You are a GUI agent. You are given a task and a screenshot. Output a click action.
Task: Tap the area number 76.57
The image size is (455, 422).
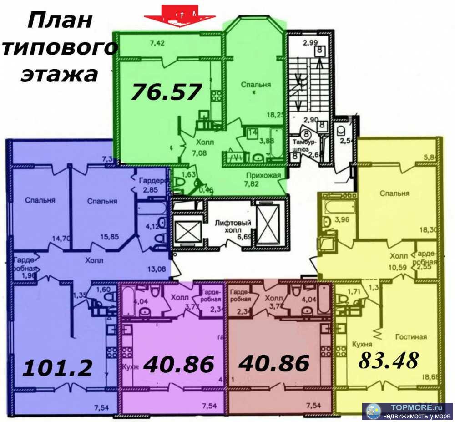(x=166, y=92)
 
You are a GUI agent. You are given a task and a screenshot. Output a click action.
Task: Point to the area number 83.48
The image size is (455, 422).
(x=388, y=361)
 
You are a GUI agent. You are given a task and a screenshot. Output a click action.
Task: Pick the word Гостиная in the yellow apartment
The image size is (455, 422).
(x=411, y=337)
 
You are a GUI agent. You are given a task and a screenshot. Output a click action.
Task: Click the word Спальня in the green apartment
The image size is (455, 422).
(x=256, y=85)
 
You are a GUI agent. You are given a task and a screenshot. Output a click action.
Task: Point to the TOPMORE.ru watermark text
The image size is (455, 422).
(x=411, y=407)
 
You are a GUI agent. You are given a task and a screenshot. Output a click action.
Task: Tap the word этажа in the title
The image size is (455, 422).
(x=59, y=74)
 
